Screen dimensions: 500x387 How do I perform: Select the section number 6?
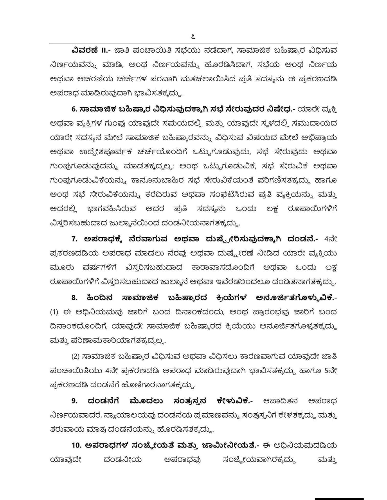[74, 110]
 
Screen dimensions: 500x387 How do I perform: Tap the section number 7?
[74, 239]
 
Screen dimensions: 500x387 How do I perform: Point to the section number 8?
[74, 298]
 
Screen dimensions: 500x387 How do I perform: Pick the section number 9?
[74, 401]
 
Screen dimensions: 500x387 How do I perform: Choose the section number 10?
[76, 445]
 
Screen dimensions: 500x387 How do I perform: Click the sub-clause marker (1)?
[54, 312]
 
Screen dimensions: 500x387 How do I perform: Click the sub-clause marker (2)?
[76, 356]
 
